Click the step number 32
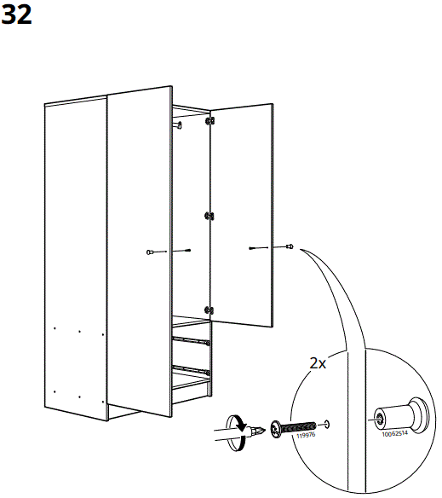coord(18,16)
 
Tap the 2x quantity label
coord(317,363)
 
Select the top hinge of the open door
coord(210,124)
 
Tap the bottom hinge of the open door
coord(209,310)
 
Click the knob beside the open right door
coord(290,247)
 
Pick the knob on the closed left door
coord(151,252)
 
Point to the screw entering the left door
coord(181,251)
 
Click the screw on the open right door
coord(259,248)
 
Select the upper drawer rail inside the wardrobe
coord(192,340)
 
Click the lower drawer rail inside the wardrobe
coord(192,371)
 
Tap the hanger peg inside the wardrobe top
coord(179,125)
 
